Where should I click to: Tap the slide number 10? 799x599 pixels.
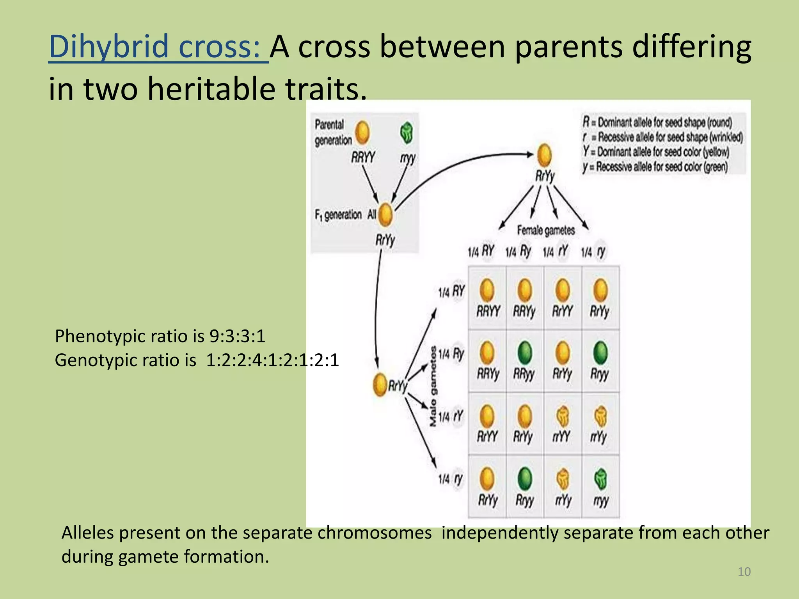pyautogui.click(x=744, y=572)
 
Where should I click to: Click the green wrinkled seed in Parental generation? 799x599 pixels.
pyautogui.click(x=407, y=133)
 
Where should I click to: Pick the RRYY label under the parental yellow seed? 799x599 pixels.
pyautogui.click(x=363, y=158)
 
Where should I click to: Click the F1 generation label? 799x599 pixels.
pyautogui.click(x=338, y=215)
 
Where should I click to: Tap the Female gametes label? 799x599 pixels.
pyautogui.click(x=546, y=230)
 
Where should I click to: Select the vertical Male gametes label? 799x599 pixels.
pyautogui.click(x=433, y=386)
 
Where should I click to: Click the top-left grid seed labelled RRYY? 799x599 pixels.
pyautogui.click(x=487, y=290)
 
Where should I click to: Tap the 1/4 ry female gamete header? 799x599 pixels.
pyautogui.click(x=593, y=252)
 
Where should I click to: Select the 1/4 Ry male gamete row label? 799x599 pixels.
pyautogui.click(x=451, y=354)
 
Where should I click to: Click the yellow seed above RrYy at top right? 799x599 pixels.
pyautogui.click(x=544, y=155)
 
